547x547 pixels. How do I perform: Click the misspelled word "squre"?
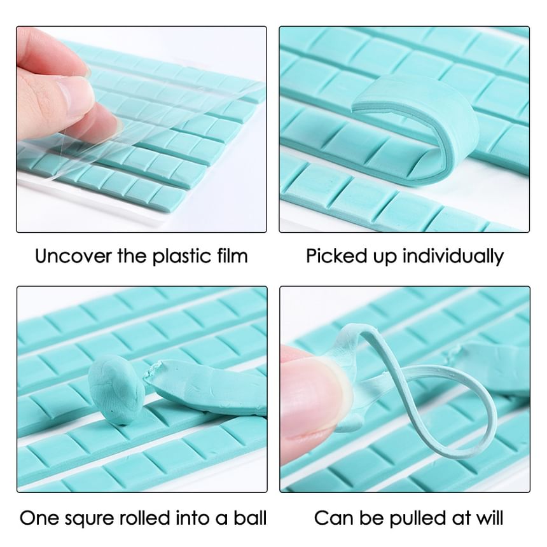85,518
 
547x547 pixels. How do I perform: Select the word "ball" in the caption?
250,517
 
